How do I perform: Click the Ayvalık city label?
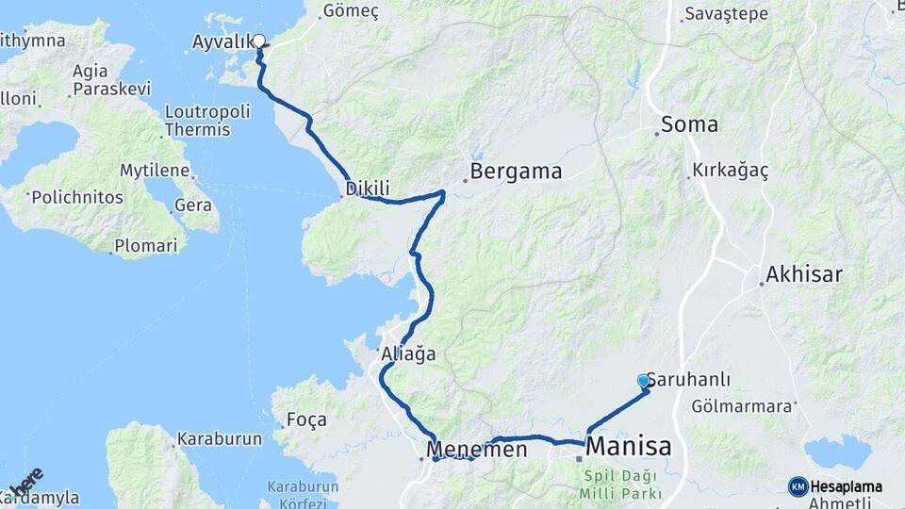[222, 41]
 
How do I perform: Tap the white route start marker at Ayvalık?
[259, 41]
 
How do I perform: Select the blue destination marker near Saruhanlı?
[644, 381]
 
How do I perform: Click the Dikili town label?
[368, 189]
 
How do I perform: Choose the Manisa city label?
[629, 446]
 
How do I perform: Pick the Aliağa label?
[408, 354]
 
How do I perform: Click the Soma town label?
[689, 123]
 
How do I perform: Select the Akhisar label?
[803, 274]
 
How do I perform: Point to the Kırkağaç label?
[731, 171]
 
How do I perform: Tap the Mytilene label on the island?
[156, 171]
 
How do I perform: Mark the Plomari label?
[145, 246]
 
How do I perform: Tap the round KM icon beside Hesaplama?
[798, 486]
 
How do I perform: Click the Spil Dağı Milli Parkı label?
[622, 484]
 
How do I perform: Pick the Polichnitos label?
[77, 198]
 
